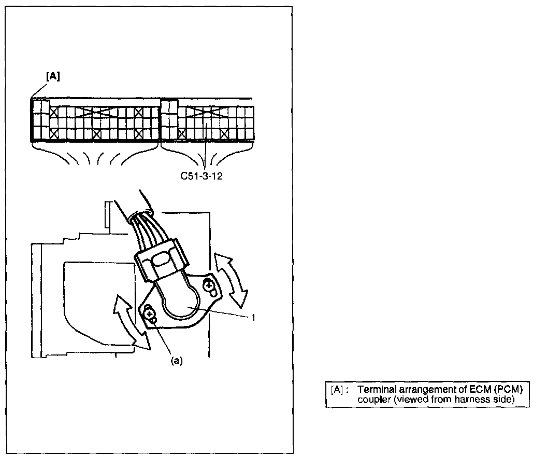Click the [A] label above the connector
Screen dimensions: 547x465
53,76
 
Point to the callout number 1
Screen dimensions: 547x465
253,318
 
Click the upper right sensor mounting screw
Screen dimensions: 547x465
209,285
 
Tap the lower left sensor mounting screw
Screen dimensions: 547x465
149,313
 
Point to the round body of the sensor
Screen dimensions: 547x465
180,307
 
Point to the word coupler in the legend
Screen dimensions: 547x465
371,399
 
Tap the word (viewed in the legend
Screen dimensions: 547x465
402,399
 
